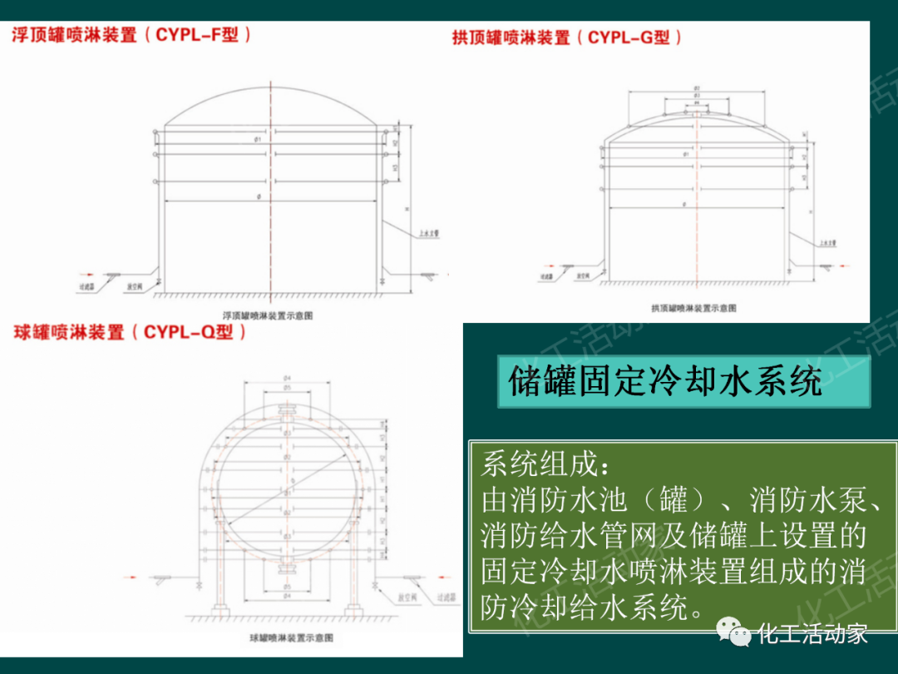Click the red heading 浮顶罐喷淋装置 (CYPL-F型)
coord(131,36)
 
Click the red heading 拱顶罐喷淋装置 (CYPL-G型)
coord(568,37)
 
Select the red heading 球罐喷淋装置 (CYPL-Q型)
coord(131,333)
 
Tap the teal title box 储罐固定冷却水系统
coord(665,382)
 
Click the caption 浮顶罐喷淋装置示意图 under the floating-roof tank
coord(269,315)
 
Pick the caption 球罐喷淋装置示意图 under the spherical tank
coord(291,637)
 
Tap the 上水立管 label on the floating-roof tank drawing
coord(429,235)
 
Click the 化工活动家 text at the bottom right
coord(812,634)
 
